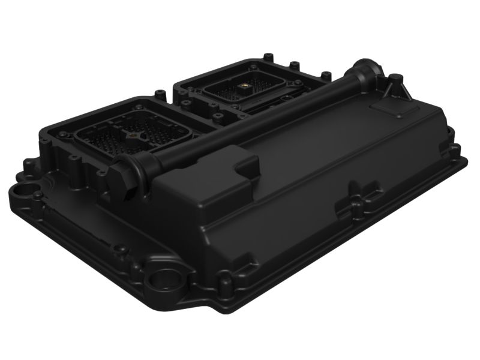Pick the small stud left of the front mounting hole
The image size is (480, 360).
[x=120, y=247]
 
